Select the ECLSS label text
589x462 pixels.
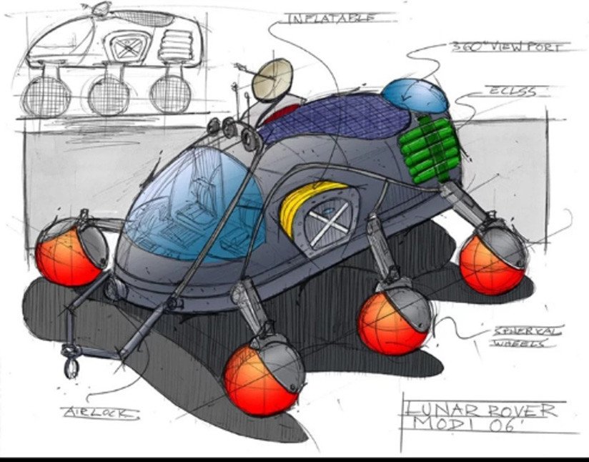coord(511,92)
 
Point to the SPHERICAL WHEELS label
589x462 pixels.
coord(528,336)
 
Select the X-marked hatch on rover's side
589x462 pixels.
coord(331,218)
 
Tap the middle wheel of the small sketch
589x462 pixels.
coord(109,95)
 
